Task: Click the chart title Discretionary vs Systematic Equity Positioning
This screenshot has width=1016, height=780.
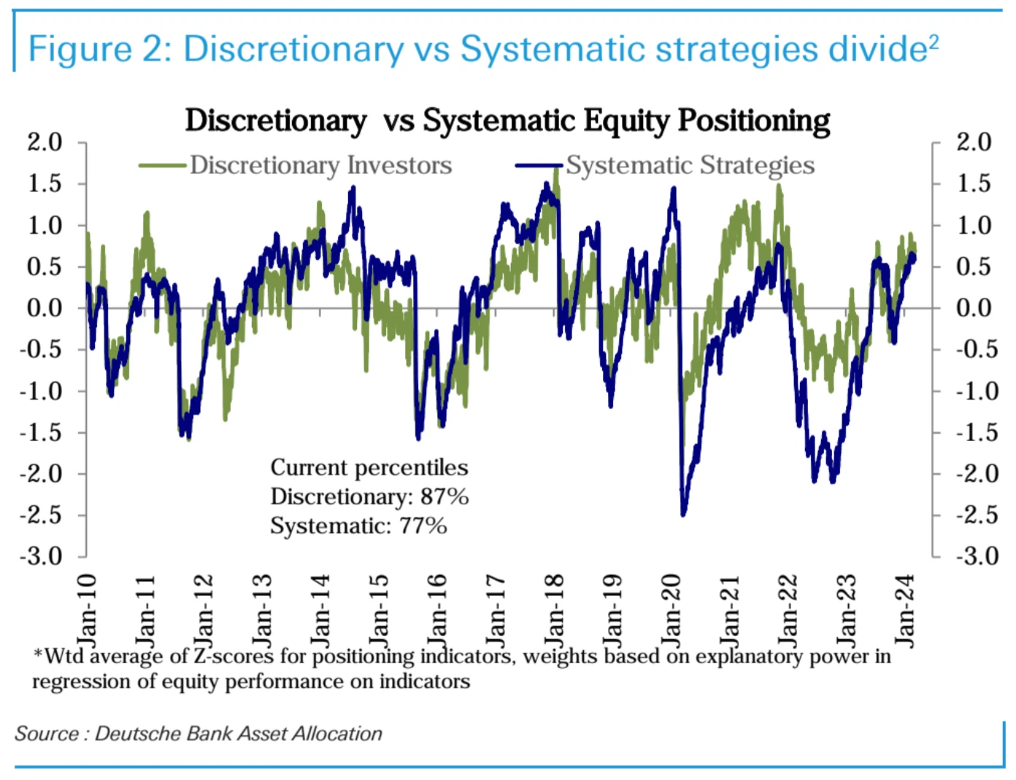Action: point(507,121)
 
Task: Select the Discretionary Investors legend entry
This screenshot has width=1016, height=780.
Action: point(320,165)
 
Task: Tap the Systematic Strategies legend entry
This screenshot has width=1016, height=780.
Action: point(690,165)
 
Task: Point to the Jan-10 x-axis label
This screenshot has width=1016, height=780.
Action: point(87,611)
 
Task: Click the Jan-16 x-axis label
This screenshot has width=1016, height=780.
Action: point(436,611)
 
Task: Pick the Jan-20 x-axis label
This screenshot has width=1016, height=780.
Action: point(671,611)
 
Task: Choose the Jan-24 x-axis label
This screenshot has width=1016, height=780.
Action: point(904,611)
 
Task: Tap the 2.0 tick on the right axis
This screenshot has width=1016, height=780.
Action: point(974,142)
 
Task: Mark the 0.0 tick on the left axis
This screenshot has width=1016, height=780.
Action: point(45,308)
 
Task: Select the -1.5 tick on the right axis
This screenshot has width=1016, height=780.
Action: point(977,432)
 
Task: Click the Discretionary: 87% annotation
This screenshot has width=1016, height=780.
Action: point(369,497)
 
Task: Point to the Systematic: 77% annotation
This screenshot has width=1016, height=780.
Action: point(358,526)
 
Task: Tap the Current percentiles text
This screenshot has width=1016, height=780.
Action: point(369,467)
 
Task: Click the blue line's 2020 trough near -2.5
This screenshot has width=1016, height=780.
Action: point(683,513)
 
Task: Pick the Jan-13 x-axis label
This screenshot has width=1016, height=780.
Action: point(262,611)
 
